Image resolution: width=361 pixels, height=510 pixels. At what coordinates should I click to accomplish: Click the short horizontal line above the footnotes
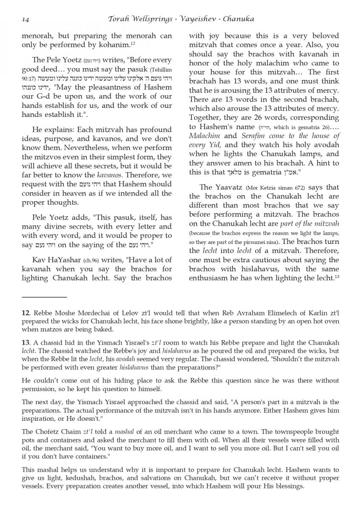pos(44,297)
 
